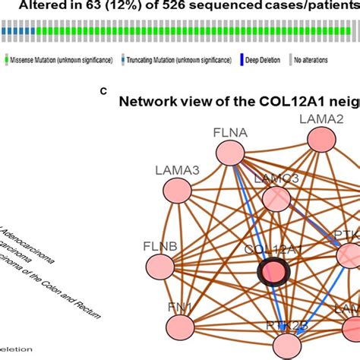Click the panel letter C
pyautogui.click(x=103, y=91)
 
